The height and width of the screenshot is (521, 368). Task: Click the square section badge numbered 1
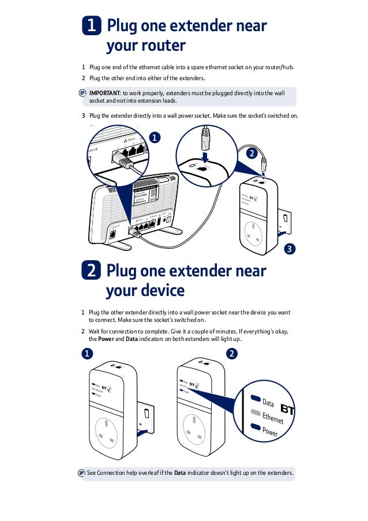[91, 27]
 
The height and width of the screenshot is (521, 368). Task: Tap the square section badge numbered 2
[91, 271]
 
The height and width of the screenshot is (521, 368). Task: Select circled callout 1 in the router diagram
[154, 137]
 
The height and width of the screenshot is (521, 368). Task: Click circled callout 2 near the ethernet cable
[250, 154]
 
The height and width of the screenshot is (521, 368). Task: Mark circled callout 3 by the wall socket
[290, 249]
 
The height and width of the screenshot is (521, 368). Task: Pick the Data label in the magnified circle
[268, 402]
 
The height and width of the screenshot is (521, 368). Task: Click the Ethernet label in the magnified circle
[273, 418]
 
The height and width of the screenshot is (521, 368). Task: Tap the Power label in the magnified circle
[270, 432]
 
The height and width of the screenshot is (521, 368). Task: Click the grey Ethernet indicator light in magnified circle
[255, 413]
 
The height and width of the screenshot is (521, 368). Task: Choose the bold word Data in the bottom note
[179, 474]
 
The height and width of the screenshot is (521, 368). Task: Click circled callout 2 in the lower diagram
[232, 353]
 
